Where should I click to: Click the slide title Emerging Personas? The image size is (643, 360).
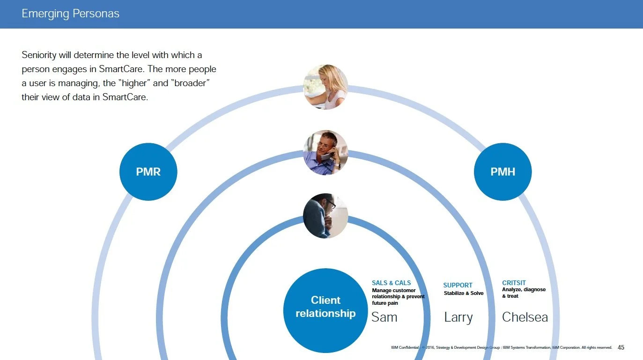70,14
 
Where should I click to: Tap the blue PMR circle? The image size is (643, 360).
148,172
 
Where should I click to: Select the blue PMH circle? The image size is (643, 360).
503,172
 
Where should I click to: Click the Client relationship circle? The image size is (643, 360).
325,307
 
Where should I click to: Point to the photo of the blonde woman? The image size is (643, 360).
325,87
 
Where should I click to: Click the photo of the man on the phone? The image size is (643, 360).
325,153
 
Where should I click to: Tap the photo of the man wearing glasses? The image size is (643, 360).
325,216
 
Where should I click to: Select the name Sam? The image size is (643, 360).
384,317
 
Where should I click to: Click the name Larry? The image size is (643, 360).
458,317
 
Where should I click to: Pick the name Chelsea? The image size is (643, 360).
525,317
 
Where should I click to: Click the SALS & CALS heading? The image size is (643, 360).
391,283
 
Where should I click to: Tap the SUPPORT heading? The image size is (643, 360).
458,285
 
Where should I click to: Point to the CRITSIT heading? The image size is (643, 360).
514,283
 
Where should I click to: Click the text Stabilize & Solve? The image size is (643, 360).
464,294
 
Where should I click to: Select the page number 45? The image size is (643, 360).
621,347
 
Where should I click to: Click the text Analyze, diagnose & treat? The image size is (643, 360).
523,293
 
